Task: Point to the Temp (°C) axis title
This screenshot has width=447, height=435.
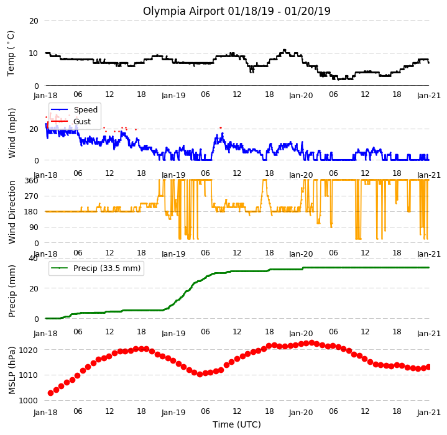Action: (x=11, y=53)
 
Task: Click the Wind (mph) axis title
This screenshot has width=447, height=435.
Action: (x=12, y=133)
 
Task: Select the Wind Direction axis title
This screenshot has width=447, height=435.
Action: (x=12, y=212)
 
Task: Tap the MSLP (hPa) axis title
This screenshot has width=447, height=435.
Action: (x=12, y=370)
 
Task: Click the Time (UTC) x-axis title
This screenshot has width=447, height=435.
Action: (x=237, y=424)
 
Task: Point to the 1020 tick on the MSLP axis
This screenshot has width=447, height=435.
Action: (x=28, y=350)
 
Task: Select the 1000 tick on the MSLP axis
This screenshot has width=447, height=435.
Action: (x=28, y=401)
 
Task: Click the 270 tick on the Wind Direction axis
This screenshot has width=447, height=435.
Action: (x=31, y=196)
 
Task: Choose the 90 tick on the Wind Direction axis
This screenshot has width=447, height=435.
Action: (x=34, y=227)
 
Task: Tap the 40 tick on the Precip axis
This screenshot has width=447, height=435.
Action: (x=33, y=259)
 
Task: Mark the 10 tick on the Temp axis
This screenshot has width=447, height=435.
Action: (x=34, y=53)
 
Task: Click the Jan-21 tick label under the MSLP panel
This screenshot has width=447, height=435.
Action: (x=429, y=412)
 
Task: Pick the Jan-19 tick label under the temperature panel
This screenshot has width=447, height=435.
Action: (x=173, y=96)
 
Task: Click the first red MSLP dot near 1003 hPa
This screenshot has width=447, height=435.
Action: (x=51, y=393)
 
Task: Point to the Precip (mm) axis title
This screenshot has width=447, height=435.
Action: (x=12, y=291)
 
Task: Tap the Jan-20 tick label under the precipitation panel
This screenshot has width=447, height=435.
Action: (x=301, y=333)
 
